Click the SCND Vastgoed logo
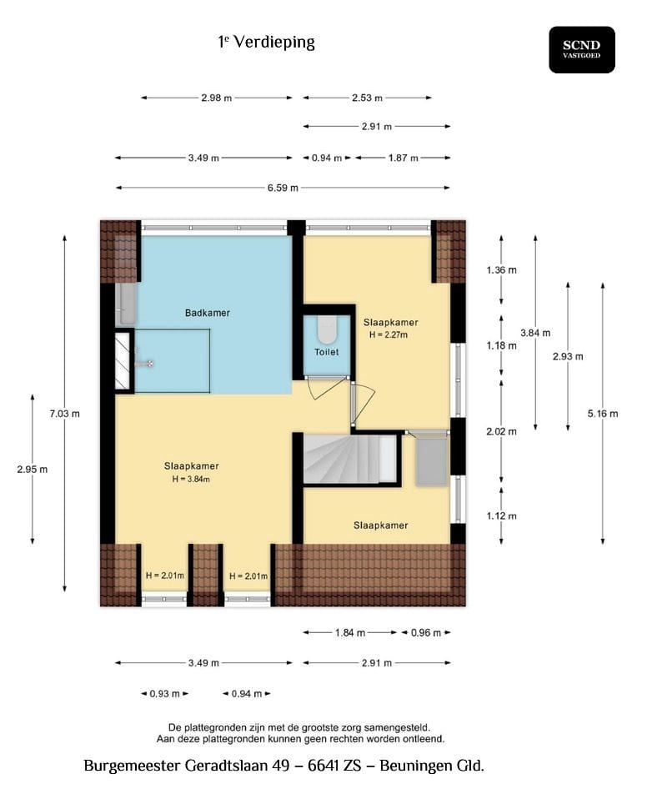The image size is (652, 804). pyautogui.click(x=582, y=50)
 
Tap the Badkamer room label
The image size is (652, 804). pyautogui.click(x=208, y=313)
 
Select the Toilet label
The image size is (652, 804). pyautogui.click(x=327, y=352)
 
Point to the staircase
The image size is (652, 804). pyautogui.click(x=351, y=459)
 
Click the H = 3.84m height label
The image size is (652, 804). pyautogui.click(x=191, y=480)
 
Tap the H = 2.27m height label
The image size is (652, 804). pyautogui.click(x=389, y=334)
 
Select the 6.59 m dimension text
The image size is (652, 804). pyautogui.click(x=283, y=188)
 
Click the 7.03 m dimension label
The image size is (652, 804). pyautogui.click(x=64, y=414)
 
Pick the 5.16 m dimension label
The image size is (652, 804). pyautogui.click(x=603, y=414)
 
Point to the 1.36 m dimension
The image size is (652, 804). pyautogui.click(x=502, y=269)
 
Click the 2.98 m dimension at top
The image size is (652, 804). pyautogui.click(x=216, y=98)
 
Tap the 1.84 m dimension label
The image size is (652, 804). pyautogui.click(x=350, y=633)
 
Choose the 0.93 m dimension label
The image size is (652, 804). pyautogui.click(x=164, y=694)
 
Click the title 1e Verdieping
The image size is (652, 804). pyautogui.click(x=267, y=42)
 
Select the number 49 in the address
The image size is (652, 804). pyautogui.click(x=281, y=766)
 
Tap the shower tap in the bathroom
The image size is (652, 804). pyautogui.click(x=143, y=364)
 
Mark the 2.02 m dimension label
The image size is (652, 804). pyautogui.click(x=501, y=432)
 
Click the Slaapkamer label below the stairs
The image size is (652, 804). pyautogui.click(x=381, y=525)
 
